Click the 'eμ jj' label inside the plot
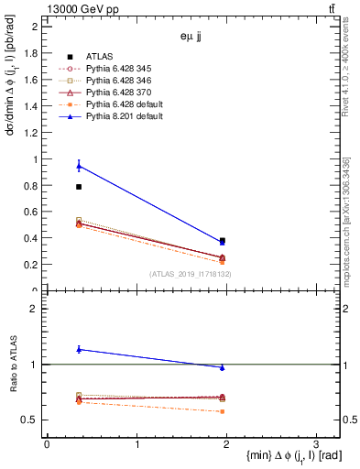pyautogui.click(x=192, y=38)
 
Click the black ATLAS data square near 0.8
pyautogui.click(x=79, y=187)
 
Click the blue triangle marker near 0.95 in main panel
pyautogui.click(x=79, y=166)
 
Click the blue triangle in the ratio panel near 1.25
pyautogui.click(x=79, y=349)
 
